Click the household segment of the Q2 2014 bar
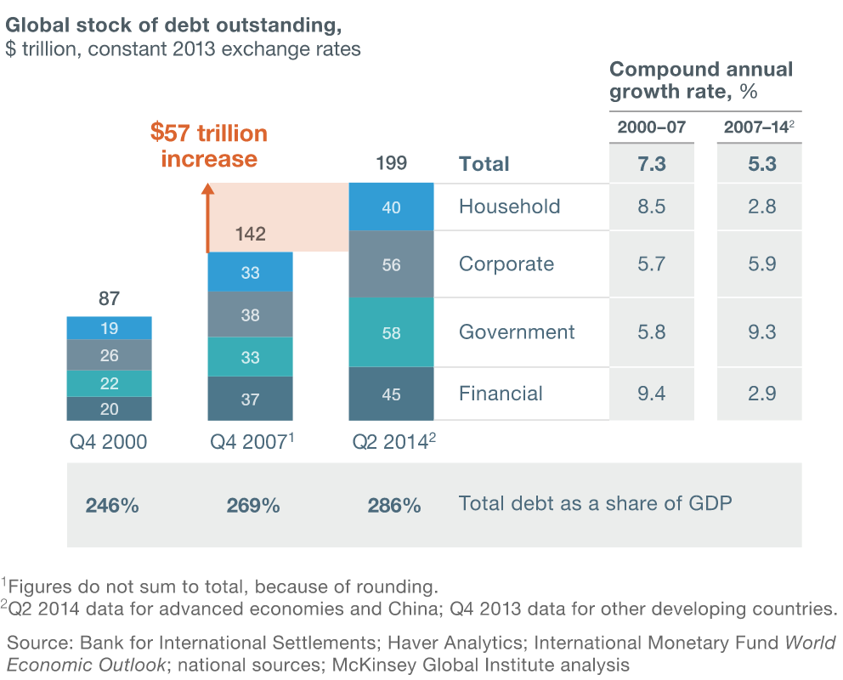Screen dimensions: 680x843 [x=391, y=207]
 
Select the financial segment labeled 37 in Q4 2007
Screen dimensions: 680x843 [x=250, y=399]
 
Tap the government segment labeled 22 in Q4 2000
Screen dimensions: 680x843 [x=109, y=383]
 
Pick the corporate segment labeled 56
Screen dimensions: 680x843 [x=391, y=264]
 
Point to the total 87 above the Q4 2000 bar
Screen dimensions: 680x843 [x=109, y=299]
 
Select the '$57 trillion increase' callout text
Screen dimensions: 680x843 [x=208, y=146]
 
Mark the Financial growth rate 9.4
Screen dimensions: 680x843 [x=651, y=394]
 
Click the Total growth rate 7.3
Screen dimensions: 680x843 [x=651, y=164]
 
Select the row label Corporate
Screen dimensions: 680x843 [x=506, y=264]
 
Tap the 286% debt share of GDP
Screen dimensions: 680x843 [x=393, y=506]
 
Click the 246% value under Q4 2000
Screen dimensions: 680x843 [x=111, y=506]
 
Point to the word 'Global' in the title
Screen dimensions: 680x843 [x=34, y=25]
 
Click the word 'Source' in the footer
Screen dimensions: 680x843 [x=33, y=643]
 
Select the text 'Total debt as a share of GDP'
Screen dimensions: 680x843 [x=595, y=503]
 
